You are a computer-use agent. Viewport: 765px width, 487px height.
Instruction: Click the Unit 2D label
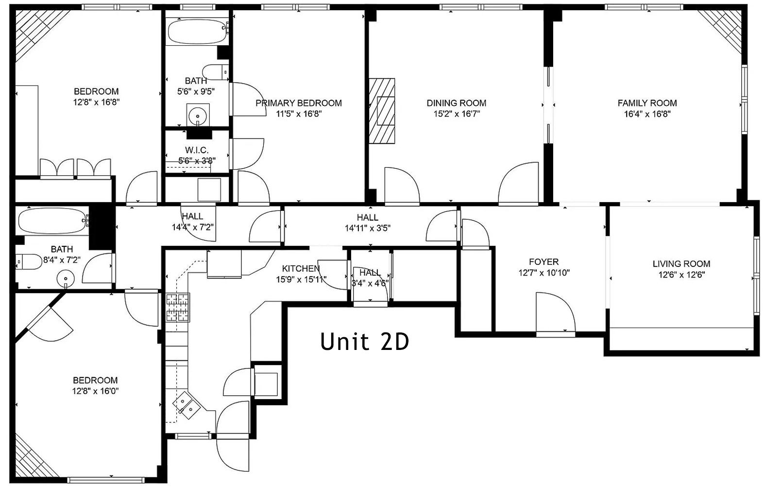click(364, 341)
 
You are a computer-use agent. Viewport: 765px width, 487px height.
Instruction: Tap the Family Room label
click(647, 103)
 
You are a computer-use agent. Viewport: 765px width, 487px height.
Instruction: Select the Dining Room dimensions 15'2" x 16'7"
click(457, 114)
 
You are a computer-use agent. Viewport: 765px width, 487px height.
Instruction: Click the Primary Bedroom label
click(299, 103)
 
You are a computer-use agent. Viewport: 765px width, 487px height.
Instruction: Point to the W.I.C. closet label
click(197, 150)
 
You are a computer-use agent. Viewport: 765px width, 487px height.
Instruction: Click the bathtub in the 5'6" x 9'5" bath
click(197, 32)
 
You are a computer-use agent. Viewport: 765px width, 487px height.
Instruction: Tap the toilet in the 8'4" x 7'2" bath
click(29, 262)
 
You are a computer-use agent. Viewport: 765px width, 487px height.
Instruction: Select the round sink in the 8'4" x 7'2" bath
click(66, 278)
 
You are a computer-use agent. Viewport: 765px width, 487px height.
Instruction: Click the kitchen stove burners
click(178, 308)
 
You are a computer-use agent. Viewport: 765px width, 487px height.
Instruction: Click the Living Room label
click(681, 263)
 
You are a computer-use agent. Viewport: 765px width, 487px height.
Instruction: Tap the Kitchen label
click(301, 269)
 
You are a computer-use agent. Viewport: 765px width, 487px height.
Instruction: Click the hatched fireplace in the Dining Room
click(382, 111)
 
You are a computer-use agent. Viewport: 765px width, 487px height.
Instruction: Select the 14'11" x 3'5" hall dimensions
click(368, 228)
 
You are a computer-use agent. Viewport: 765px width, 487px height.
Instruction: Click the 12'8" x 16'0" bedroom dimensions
click(95, 391)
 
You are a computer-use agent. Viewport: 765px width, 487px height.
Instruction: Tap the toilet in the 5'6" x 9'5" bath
click(216, 72)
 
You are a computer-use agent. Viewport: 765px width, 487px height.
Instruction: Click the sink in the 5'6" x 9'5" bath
click(198, 116)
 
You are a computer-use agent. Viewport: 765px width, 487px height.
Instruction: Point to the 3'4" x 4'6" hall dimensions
click(370, 283)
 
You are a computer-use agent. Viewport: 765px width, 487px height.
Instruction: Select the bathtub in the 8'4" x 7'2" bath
click(53, 221)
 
